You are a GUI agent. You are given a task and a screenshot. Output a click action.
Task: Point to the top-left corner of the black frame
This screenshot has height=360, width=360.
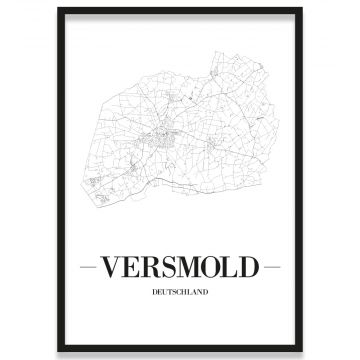point(58,8)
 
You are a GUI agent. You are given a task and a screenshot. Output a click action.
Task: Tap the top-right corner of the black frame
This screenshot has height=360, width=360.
point(302,8)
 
